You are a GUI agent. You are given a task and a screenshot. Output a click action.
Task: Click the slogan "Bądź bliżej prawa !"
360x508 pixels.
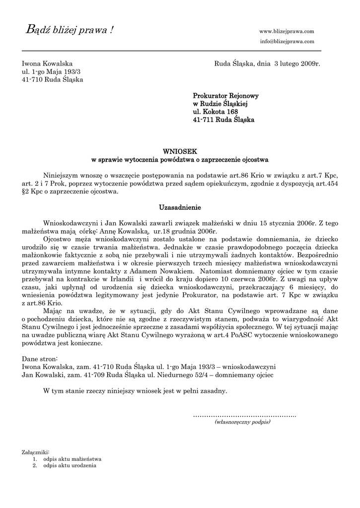(69, 31)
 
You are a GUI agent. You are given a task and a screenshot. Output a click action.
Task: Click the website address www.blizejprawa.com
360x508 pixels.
(287, 31)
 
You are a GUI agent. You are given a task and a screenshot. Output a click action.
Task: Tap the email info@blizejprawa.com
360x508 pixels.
(287, 41)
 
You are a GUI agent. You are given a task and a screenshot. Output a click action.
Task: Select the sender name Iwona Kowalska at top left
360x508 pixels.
(47, 64)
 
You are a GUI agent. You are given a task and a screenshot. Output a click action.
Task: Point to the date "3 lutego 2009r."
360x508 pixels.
(297, 64)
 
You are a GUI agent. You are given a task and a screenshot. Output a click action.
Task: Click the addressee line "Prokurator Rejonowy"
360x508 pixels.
(225, 96)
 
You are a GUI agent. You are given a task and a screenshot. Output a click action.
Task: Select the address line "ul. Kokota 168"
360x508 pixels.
(216, 112)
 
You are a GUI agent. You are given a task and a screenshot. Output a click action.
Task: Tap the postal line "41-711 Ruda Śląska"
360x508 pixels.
(223, 120)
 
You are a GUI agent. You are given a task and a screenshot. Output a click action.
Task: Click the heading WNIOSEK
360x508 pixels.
(180, 151)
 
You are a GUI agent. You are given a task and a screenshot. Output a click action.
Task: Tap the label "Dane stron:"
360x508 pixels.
(40, 358)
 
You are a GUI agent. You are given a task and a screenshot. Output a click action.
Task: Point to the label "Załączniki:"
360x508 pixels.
(36, 452)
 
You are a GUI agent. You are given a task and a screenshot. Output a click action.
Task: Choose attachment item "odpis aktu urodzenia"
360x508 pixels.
(70, 466)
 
